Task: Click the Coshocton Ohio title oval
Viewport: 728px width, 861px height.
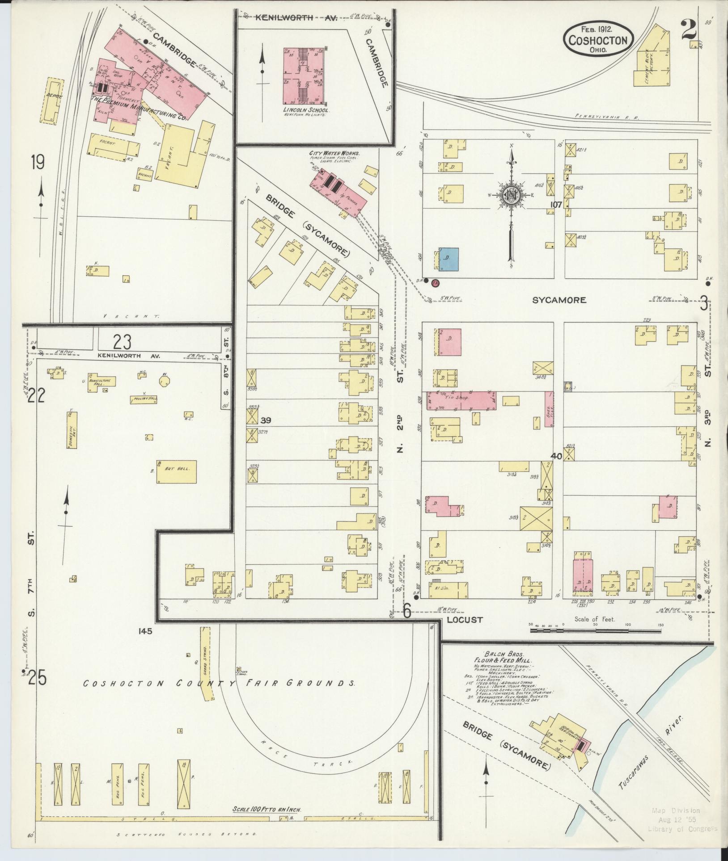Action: click(x=598, y=40)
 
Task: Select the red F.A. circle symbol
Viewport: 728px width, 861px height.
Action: click(x=435, y=282)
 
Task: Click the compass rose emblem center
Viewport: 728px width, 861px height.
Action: click(x=510, y=195)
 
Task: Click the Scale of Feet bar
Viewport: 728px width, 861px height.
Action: click(x=595, y=631)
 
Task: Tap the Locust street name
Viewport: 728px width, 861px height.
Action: click(x=465, y=620)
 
